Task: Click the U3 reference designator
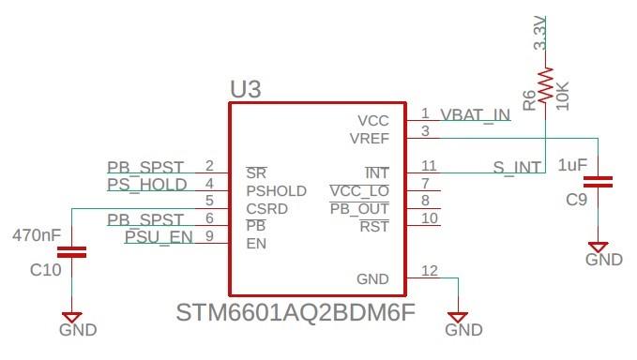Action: point(246,90)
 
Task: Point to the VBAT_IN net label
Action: point(476,115)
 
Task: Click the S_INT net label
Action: point(517,168)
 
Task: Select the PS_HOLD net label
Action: point(147,185)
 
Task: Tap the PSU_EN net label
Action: point(159,237)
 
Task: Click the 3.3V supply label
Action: point(540,33)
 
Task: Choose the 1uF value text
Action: point(571,165)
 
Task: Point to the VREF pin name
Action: point(369,138)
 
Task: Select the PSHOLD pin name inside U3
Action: point(276,191)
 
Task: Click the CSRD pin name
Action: point(267,208)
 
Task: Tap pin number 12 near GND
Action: point(430,272)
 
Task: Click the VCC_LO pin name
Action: point(360,191)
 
